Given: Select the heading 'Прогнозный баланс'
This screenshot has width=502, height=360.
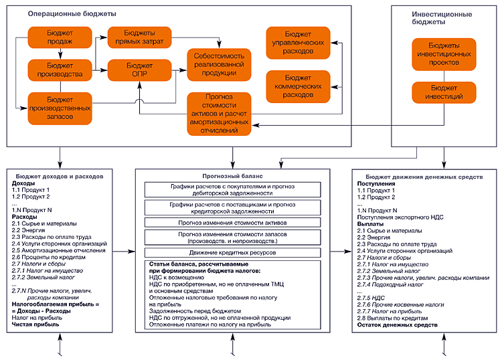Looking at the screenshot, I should point(232,173).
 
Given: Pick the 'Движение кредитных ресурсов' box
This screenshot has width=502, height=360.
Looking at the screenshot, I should point(232,252).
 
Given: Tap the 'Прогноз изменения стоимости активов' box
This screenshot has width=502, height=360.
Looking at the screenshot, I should point(232,221).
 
